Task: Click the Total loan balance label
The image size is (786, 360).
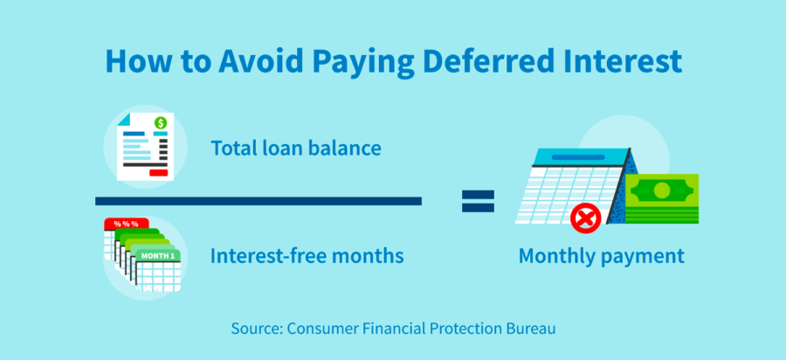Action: click(x=295, y=148)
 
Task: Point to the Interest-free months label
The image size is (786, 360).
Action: click(x=307, y=256)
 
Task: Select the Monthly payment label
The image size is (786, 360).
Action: click(x=601, y=257)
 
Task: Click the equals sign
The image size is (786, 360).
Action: click(x=478, y=202)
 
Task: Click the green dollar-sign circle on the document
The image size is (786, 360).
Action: click(x=161, y=123)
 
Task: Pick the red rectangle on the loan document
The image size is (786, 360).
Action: click(x=158, y=173)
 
